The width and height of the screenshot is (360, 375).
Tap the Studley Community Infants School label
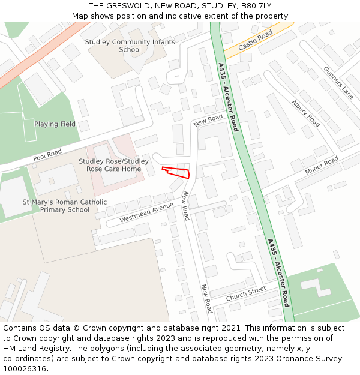[130, 46]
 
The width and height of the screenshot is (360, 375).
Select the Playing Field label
[55, 124]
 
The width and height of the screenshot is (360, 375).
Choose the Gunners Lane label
[338, 83]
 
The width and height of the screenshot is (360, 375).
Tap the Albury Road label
[305, 112]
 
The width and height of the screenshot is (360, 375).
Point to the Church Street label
[245, 294]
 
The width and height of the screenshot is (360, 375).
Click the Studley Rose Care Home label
[113, 165]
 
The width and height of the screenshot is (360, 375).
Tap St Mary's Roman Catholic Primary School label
[64, 206]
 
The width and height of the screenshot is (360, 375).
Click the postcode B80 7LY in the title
[255, 6]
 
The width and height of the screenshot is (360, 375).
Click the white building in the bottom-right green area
[316, 287]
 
